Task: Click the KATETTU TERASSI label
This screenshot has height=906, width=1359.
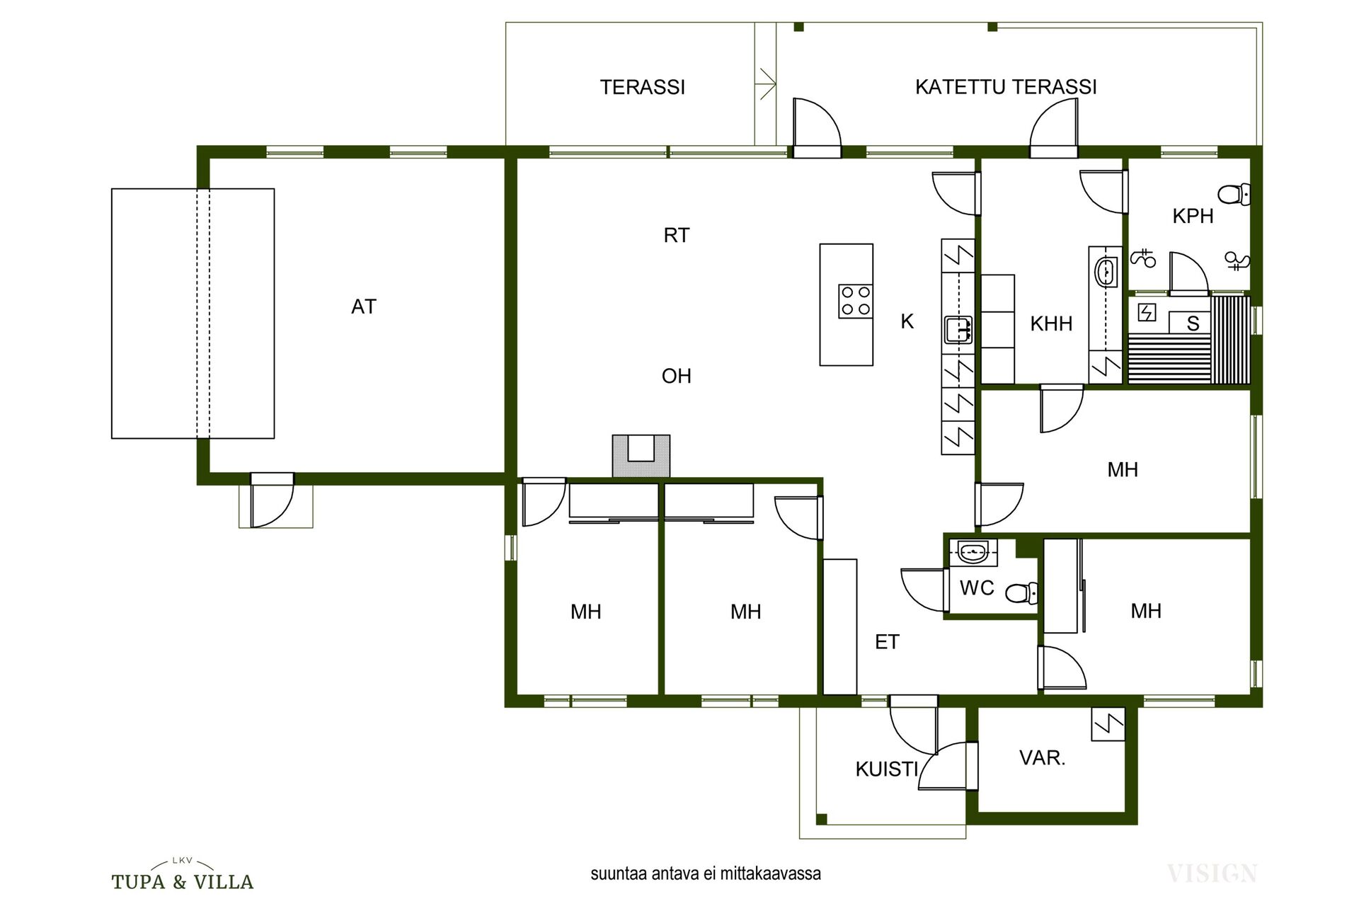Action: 1006,87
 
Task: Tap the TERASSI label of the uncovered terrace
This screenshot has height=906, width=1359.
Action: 643,87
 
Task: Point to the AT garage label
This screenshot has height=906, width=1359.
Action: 364,306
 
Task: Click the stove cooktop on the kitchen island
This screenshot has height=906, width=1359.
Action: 855,301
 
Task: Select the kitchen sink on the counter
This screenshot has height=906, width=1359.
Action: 958,330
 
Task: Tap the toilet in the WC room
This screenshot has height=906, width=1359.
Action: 1022,592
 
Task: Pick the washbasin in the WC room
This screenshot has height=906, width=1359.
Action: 975,551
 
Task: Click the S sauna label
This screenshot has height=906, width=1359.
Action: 1193,323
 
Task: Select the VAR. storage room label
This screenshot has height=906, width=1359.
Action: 1042,758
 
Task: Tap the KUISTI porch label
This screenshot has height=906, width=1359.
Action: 887,769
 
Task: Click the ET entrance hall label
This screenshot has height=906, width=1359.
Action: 887,642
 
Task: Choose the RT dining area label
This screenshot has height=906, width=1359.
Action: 677,235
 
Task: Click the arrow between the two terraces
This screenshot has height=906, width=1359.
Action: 766,84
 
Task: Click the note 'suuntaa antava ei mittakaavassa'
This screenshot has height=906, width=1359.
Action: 706,874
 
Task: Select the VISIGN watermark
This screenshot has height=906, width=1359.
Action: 1212,874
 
